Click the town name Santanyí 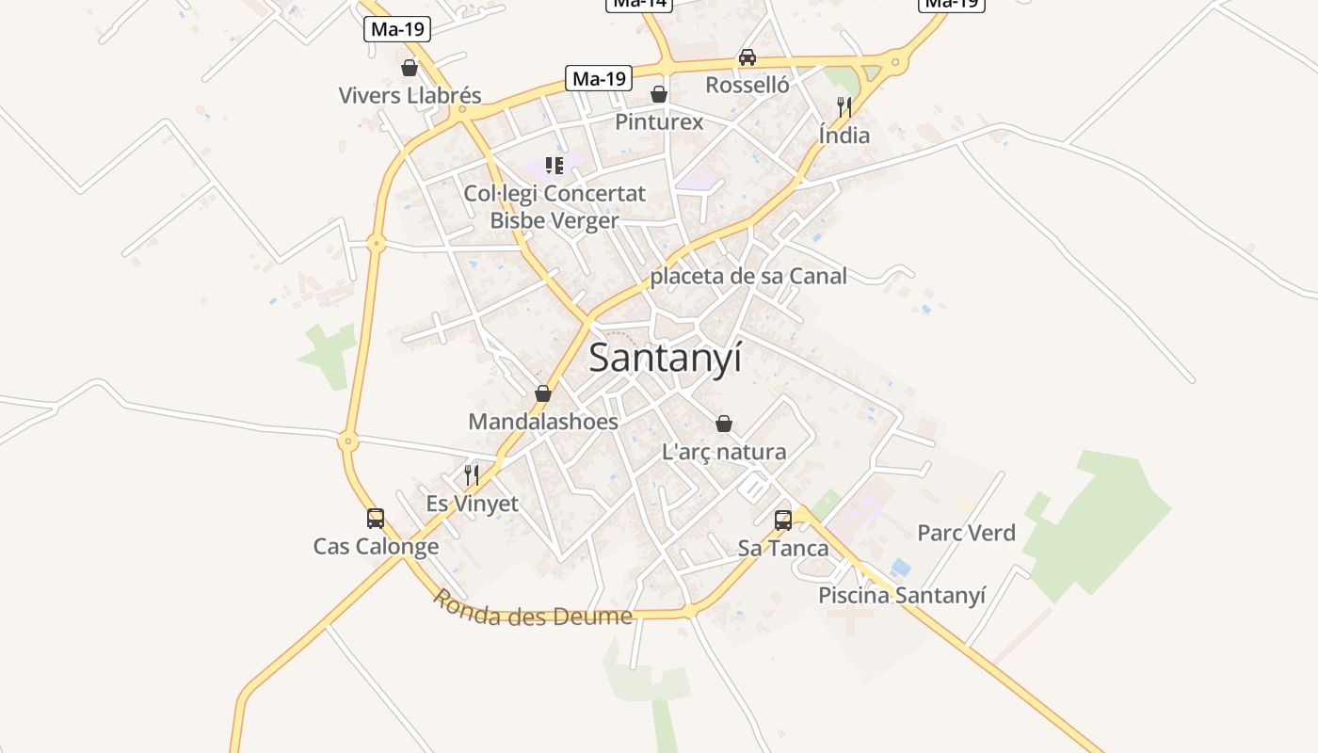[x=666, y=359]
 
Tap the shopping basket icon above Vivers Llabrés [x=410, y=68]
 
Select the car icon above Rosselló [x=747, y=57]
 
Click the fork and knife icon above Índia [x=844, y=107]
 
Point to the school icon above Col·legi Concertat [x=555, y=166]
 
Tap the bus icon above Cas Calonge [x=376, y=519]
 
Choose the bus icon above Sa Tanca [x=783, y=521]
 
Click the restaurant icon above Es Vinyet [x=472, y=475]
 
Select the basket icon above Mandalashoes [x=543, y=393]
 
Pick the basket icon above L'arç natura [x=724, y=424]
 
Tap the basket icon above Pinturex [x=659, y=94]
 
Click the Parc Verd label [x=966, y=533]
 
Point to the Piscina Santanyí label [x=902, y=595]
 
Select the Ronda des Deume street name [x=532, y=609]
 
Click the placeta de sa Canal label [x=748, y=276]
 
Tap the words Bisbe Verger [x=555, y=220]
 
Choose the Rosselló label [x=747, y=85]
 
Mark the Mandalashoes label [x=543, y=421]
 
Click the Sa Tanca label [x=783, y=548]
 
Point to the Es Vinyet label [x=472, y=504]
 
